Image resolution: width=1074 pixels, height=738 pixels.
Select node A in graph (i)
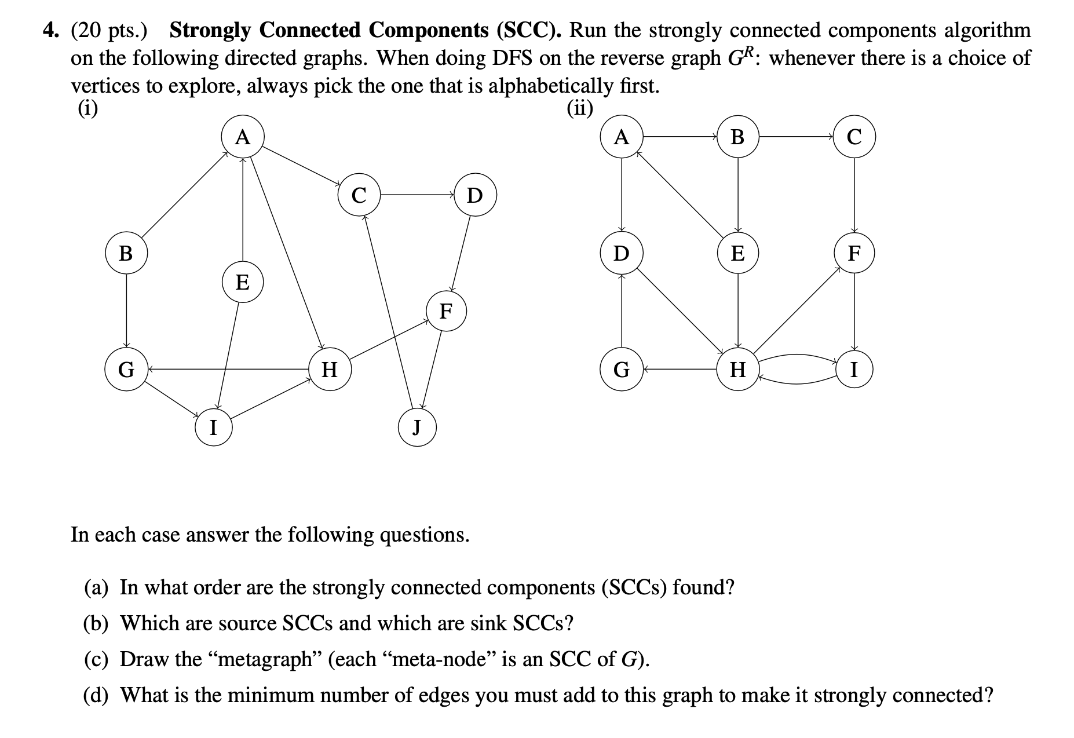click(243, 138)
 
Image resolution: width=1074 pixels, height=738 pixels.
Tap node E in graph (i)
click(243, 283)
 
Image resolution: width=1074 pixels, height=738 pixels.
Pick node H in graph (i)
click(329, 369)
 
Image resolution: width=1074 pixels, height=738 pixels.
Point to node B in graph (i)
click(126, 253)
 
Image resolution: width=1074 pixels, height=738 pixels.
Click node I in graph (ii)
click(853, 369)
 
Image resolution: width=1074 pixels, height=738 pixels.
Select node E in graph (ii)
click(737, 253)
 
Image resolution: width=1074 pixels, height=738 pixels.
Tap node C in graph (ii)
click(854, 137)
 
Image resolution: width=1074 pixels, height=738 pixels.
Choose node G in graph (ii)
click(621, 369)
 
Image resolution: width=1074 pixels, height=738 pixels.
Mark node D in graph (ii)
click(621, 253)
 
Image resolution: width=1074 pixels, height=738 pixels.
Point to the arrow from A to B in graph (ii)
click(679, 137)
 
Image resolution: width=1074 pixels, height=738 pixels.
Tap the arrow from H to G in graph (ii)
click(679, 368)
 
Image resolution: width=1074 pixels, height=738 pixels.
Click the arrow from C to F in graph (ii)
click(854, 195)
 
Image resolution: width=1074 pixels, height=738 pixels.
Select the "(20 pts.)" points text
click(109, 30)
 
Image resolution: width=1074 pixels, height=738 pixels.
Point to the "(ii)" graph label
click(580, 108)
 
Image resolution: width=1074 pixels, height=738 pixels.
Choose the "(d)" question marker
click(96, 695)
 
